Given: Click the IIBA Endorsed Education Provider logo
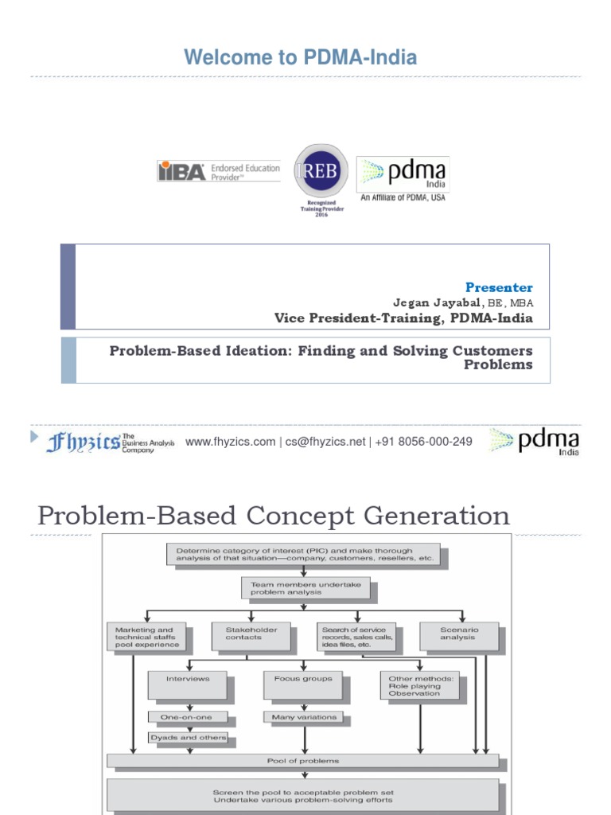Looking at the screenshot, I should [x=219, y=172].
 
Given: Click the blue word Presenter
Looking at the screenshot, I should [x=499, y=287].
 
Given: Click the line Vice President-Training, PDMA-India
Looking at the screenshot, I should [x=403, y=318].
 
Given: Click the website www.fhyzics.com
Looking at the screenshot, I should [x=230, y=442].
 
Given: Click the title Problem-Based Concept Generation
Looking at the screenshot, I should [x=274, y=516].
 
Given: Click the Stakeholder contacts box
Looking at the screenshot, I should [x=251, y=634].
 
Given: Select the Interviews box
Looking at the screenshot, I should [x=188, y=684].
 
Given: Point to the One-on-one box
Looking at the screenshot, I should [x=188, y=717].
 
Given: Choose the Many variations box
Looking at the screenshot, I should [x=303, y=717].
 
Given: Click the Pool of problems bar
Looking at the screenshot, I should [x=303, y=761].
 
